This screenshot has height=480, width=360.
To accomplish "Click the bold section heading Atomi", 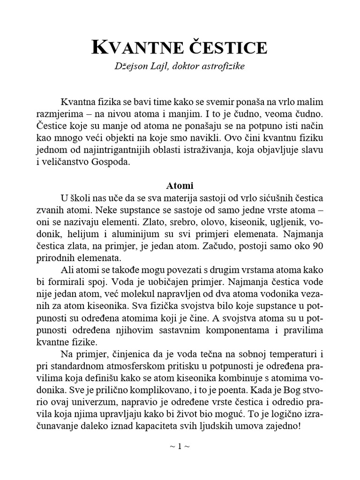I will (180, 185).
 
